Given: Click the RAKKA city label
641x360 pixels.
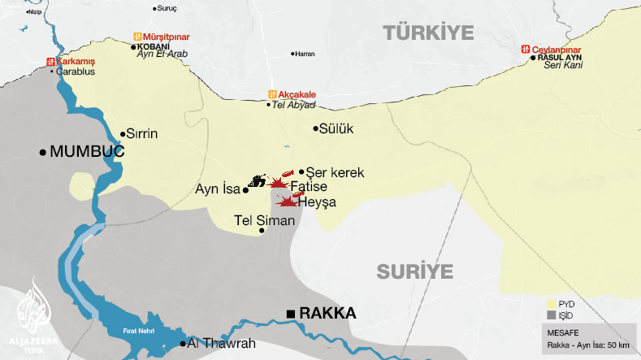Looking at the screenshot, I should (x=327, y=313).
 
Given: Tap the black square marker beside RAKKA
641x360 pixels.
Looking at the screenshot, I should (x=290, y=314).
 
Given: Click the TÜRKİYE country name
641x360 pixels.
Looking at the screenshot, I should (x=428, y=33).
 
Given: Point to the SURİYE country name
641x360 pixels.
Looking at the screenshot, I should (x=414, y=270).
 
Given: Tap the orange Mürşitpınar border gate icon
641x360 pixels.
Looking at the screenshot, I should (x=137, y=37).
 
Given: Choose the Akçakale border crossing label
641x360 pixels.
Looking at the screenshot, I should (x=296, y=94).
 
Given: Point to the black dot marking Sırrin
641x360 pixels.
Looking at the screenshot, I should (x=123, y=135).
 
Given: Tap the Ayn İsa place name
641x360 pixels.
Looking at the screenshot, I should (x=219, y=189).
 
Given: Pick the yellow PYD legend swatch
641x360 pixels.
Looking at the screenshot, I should (x=551, y=304).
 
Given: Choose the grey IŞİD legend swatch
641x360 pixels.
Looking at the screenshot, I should (x=551, y=314).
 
